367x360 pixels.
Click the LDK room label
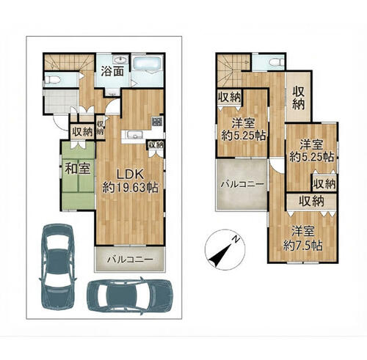pos(130,175)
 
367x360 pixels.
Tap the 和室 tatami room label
pos(77,169)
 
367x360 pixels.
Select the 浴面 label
pos(112,72)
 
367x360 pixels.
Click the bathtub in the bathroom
pos(147,62)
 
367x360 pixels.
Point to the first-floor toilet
pos(52,79)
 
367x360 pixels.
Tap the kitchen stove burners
pos(157,121)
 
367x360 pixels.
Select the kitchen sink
pos(134,135)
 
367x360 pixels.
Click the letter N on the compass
pos(236,239)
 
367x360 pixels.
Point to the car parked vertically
pos(57,267)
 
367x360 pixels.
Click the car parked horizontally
pos(130,296)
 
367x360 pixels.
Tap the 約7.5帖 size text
pos(302,246)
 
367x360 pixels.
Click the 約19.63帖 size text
pos(130,188)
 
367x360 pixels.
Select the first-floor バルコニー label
pos(131,260)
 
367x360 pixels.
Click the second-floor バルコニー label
pos(242,184)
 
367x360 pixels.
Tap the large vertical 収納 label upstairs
pos(299,98)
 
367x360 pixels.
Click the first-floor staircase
pos(69,62)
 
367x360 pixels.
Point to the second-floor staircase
pos(230,71)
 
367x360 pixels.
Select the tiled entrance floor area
pos(61,101)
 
